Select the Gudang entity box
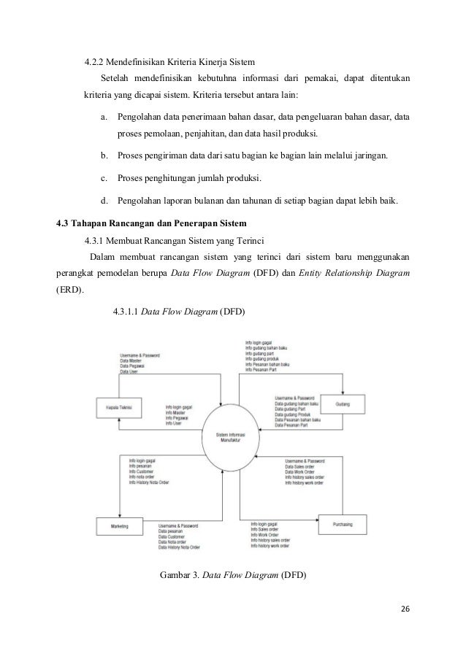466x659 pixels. pos(342,404)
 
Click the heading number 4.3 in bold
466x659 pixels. pos(65,222)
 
